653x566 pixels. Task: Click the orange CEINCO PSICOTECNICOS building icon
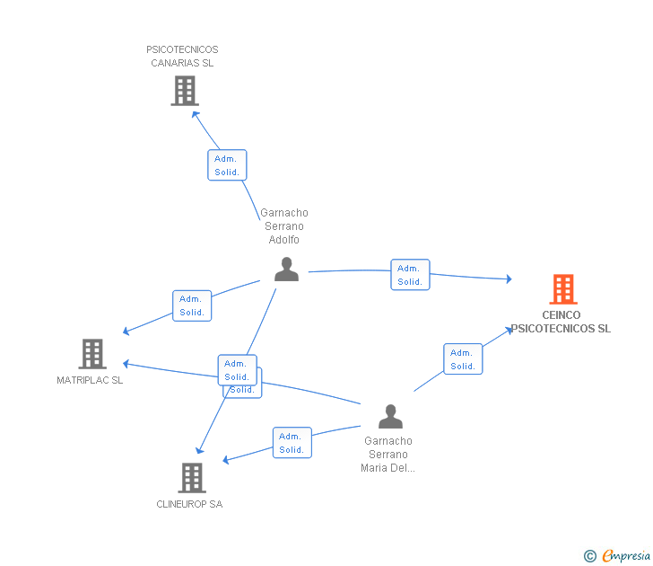[x=562, y=289]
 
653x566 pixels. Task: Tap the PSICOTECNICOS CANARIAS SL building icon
[x=184, y=91]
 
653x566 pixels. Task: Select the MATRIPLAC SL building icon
[x=92, y=354]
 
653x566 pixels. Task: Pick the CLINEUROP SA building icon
[x=192, y=478]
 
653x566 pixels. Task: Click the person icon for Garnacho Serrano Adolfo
[x=286, y=269]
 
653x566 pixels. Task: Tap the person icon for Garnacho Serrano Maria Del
[x=390, y=417]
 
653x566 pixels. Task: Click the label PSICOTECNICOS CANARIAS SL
[x=182, y=57]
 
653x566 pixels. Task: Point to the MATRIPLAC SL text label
[x=90, y=380]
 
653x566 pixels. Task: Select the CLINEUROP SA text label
[x=189, y=504]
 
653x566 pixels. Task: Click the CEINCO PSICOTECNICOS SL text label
[x=562, y=322]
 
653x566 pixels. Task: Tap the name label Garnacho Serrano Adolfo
[x=284, y=226]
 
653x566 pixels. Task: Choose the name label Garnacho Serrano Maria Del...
[x=388, y=454]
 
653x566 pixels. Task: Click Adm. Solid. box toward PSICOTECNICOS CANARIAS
[x=227, y=165]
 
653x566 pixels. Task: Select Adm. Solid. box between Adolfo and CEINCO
[x=410, y=275]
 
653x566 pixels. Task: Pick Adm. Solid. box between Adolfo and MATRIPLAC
[x=192, y=305]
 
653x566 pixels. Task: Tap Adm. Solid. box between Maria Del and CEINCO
[x=463, y=359]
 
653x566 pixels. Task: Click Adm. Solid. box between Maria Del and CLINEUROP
[x=292, y=443]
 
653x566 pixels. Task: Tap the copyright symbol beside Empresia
[x=590, y=556]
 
